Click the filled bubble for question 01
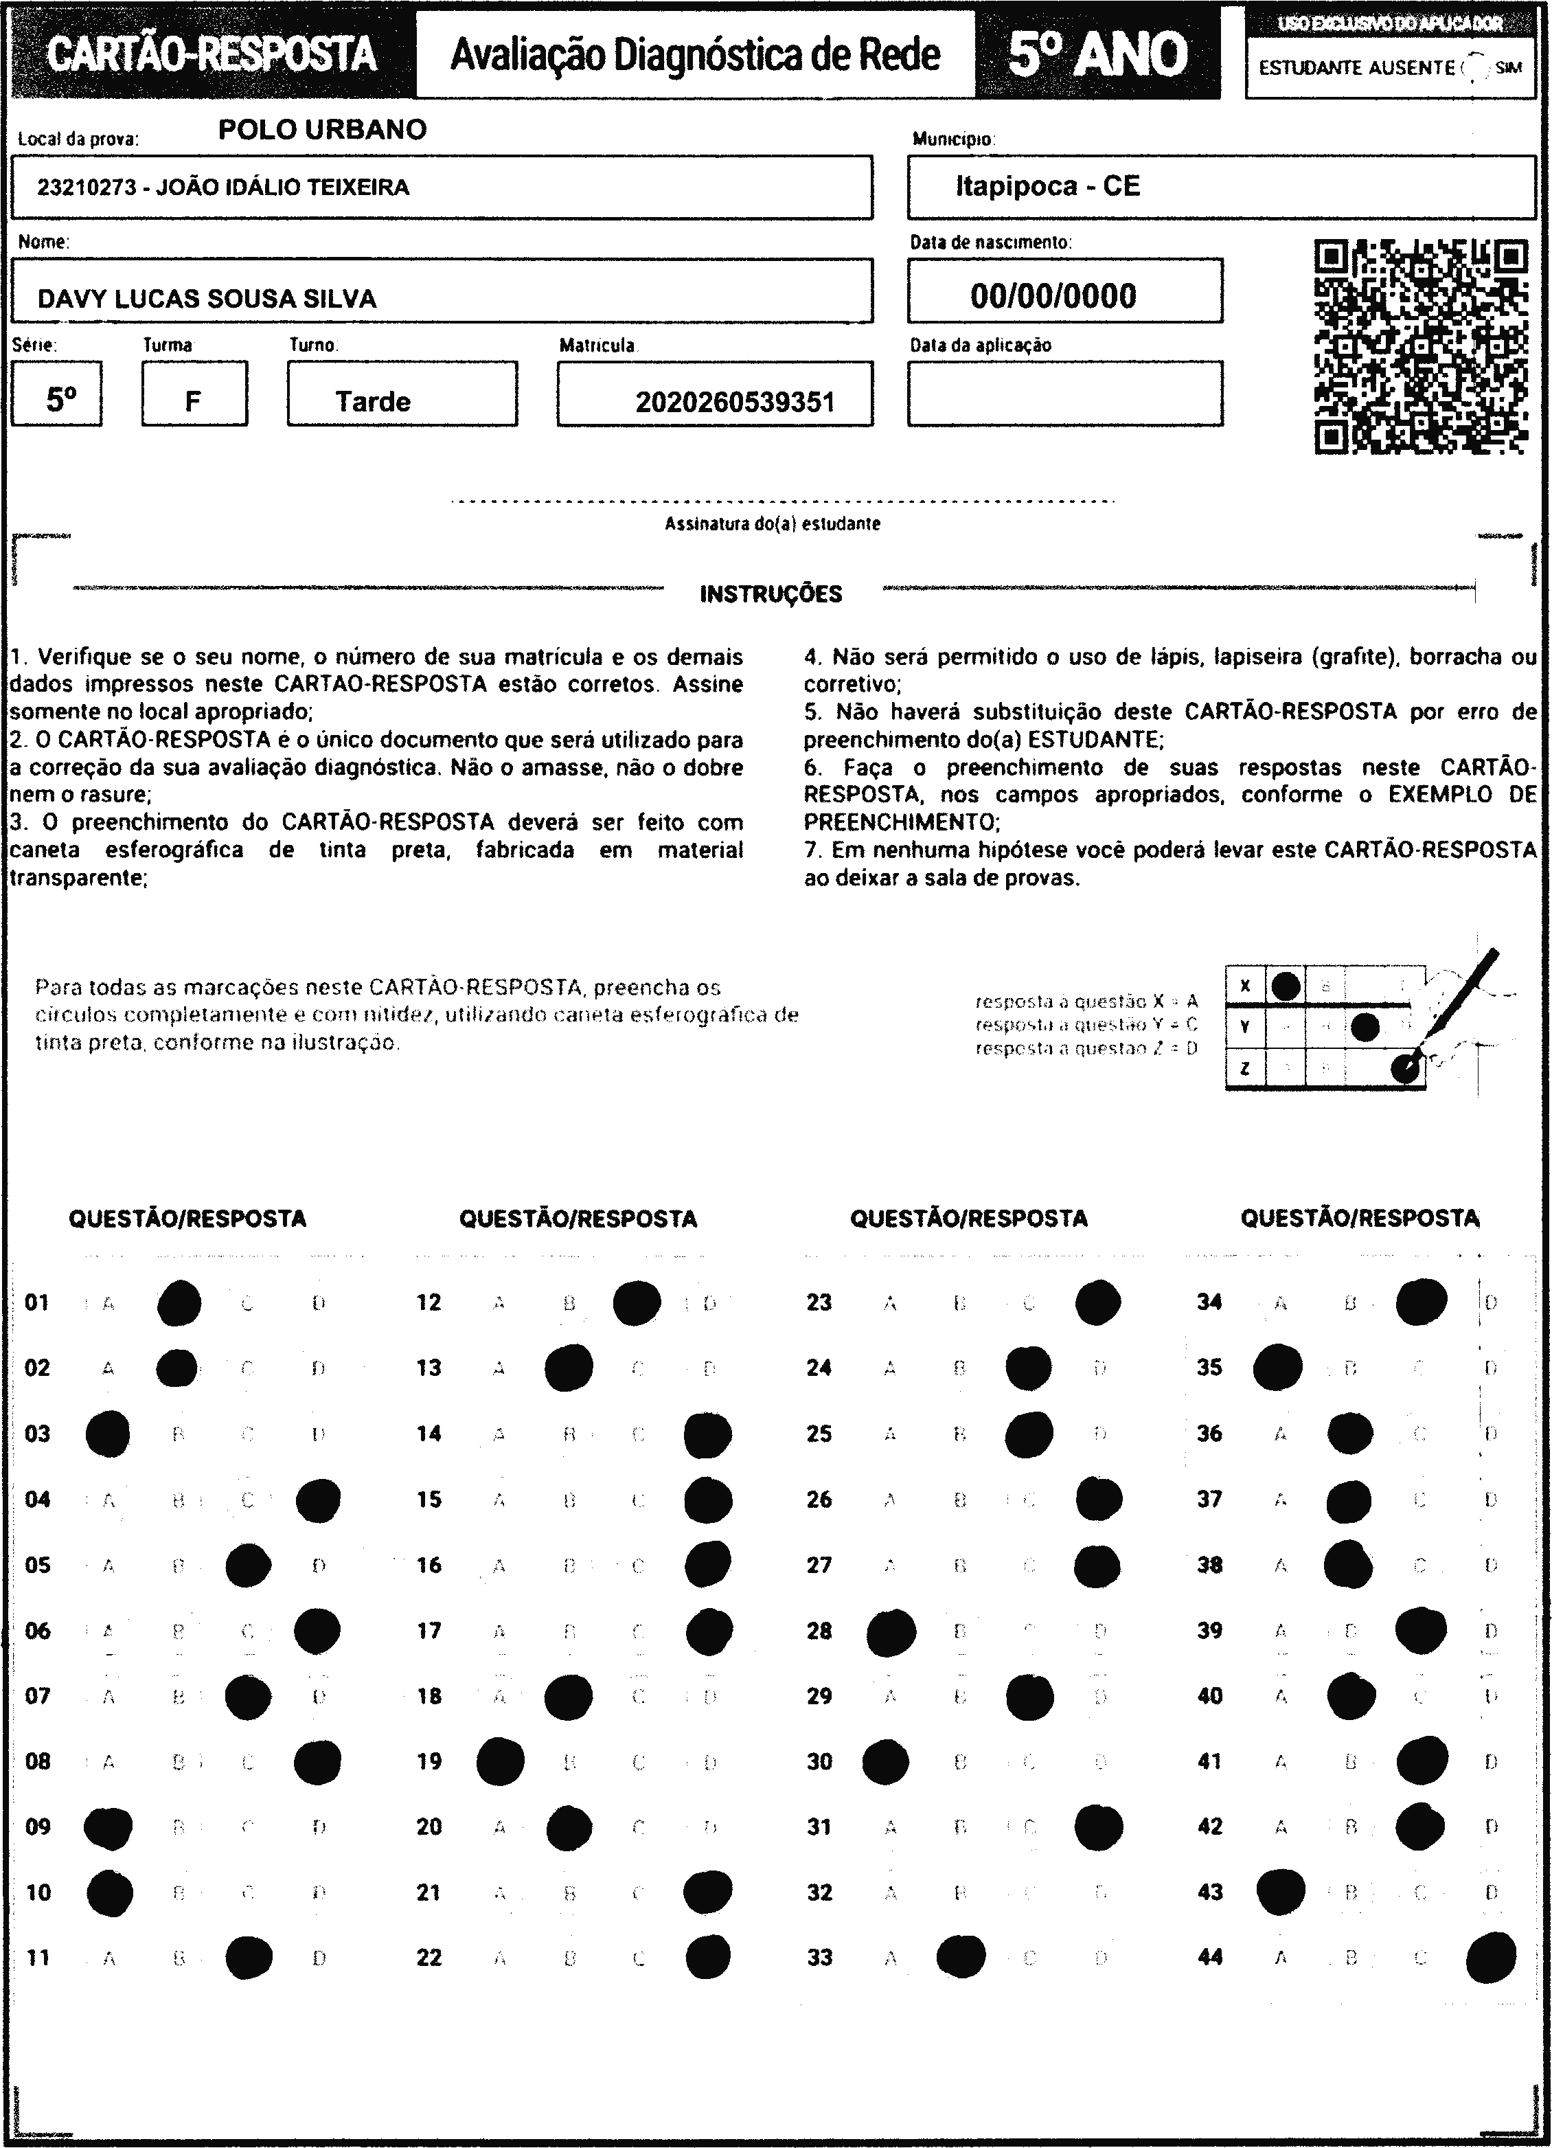click(179, 1302)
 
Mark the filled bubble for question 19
click(500, 1761)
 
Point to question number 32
click(819, 1892)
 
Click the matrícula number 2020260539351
click(735, 403)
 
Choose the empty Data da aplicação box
click(1064, 394)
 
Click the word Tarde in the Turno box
click(373, 402)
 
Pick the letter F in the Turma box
click(193, 402)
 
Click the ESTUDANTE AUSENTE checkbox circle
click(1475, 68)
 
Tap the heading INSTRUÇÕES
click(771, 595)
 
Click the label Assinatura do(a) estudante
click(772, 523)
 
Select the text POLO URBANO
click(322, 130)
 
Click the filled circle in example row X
click(1285, 986)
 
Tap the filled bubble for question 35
click(1277, 1368)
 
